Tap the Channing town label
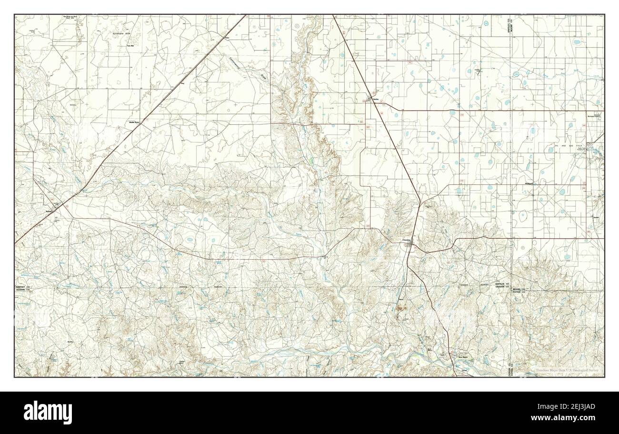(407, 240)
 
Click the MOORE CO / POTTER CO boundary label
(518, 291)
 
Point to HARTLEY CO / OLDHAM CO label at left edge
(22, 288)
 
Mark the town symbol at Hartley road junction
(370, 99)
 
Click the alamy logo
(48, 412)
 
